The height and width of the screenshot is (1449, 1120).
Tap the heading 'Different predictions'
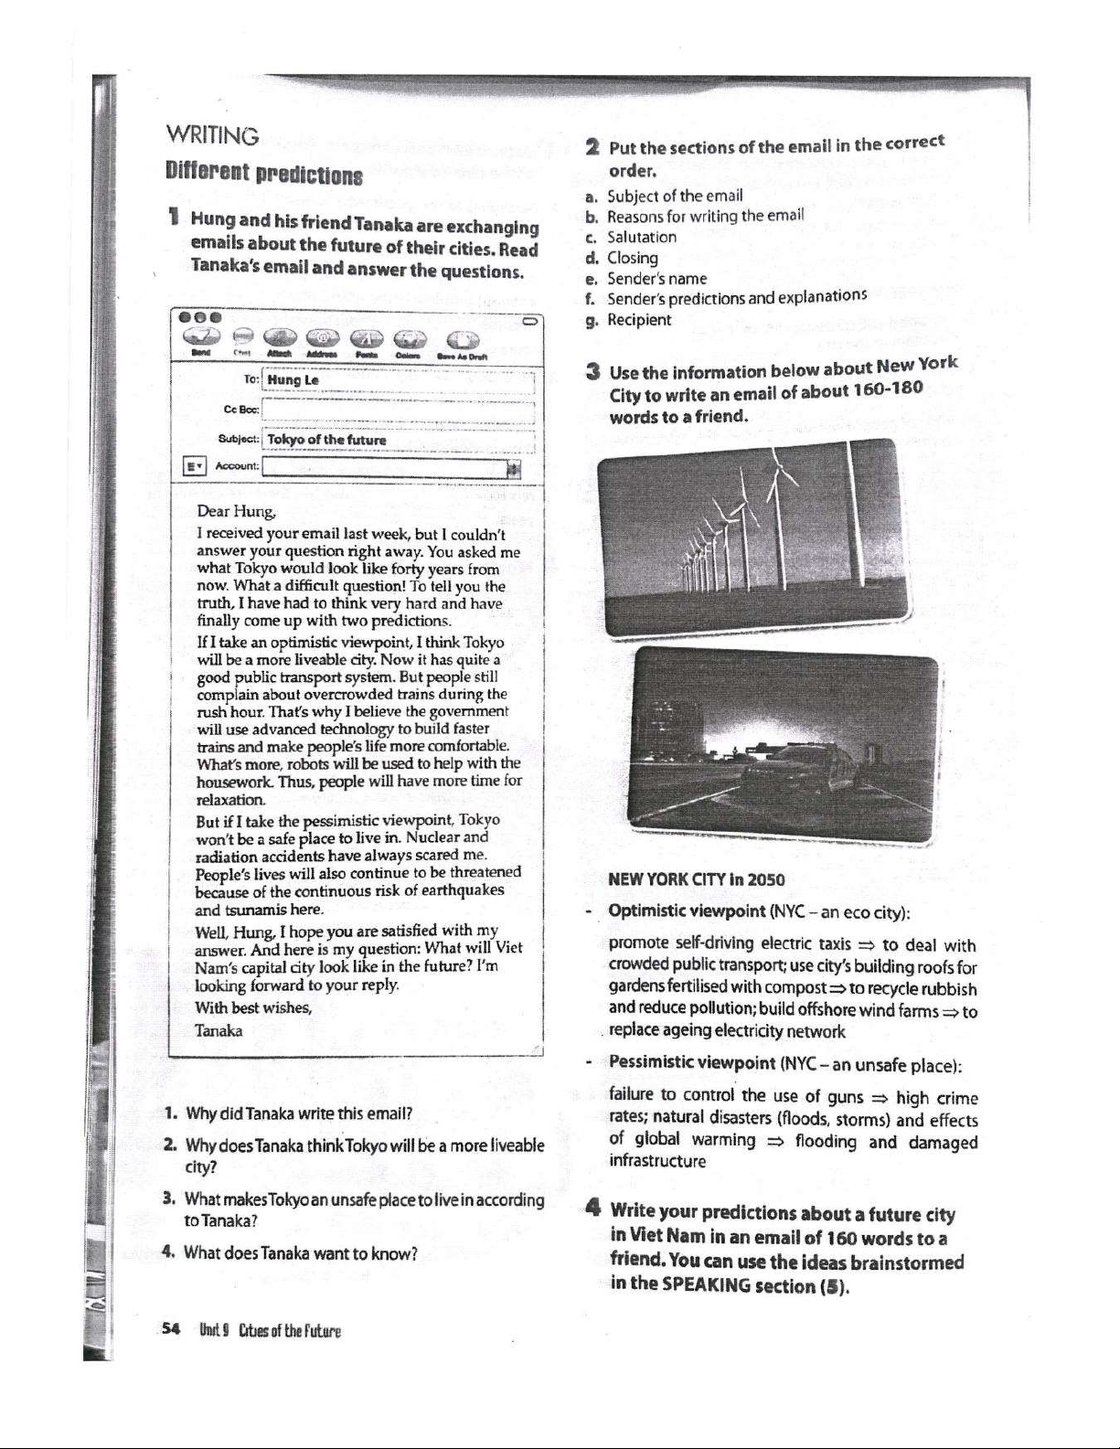tap(263, 173)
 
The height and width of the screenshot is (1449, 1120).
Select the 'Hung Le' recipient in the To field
tap(293, 380)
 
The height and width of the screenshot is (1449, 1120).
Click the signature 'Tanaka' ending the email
tap(219, 1030)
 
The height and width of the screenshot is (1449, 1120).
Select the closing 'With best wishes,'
tap(253, 1008)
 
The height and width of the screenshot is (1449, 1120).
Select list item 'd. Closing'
tap(633, 258)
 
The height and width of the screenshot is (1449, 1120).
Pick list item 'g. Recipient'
tap(639, 320)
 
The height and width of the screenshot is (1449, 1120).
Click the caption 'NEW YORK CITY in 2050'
tap(696, 880)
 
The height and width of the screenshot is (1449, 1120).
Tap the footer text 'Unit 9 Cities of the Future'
tap(271, 1332)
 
